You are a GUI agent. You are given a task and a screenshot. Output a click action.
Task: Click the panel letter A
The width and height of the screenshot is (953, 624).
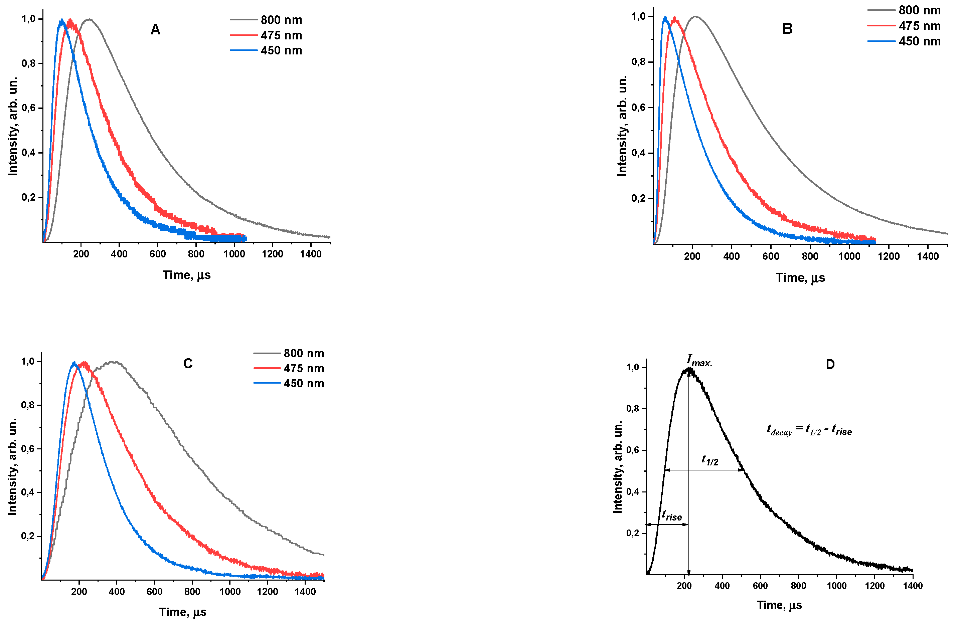click(155, 30)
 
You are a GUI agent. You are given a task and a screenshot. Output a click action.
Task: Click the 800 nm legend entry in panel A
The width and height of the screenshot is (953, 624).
click(281, 20)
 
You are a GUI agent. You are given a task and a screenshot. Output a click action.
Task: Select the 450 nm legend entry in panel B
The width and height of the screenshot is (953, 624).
click(919, 41)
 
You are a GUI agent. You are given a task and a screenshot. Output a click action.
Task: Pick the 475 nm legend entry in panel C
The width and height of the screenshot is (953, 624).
click(304, 368)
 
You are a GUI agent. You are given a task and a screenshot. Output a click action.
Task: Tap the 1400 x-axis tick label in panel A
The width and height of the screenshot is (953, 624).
click(311, 254)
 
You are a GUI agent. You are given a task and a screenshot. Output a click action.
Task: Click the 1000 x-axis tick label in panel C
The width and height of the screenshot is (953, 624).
click(230, 592)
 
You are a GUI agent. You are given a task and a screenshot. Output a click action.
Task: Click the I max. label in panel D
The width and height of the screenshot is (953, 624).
click(699, 360)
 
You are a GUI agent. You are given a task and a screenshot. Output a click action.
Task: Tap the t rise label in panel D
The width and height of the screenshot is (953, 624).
click(671, 515)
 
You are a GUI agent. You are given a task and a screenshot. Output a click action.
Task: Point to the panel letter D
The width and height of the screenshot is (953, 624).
click(830, 365)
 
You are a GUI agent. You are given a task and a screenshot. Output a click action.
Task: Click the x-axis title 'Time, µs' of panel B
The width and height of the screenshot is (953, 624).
click(800, 278)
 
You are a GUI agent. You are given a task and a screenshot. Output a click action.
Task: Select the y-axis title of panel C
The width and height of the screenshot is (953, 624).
click(12, 467)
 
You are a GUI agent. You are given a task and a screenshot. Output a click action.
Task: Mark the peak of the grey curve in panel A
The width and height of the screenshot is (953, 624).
click(89, 19)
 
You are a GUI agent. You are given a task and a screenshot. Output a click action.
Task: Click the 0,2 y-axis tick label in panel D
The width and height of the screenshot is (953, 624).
click(633, 533)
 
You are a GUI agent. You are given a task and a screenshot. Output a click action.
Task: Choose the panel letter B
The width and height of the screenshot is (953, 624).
click(787, 29)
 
